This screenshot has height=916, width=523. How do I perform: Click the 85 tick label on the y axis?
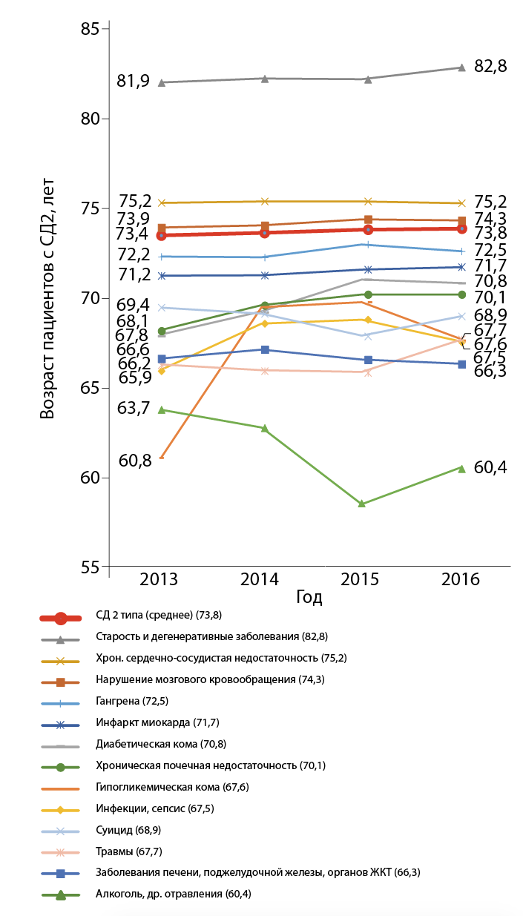(x=89, y=29)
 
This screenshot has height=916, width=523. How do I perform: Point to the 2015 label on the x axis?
(x=361, y=579)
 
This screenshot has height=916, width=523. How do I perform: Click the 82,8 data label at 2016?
(x=490, y=66)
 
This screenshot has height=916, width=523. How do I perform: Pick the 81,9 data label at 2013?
(x=134, y=81)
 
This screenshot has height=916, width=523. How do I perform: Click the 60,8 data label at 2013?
(x=135, y=461)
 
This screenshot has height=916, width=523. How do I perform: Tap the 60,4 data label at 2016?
(x=490, y=467)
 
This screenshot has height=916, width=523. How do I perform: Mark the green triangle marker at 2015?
(x=362, y=504)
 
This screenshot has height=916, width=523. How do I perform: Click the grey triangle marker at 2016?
(x=461, y=67)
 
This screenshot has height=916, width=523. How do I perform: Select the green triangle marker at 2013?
(x=162, y=409)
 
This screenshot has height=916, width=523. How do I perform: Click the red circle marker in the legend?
(x=62, y=616)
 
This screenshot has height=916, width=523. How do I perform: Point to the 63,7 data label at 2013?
(x=134, y=406)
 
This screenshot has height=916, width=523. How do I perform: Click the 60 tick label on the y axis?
(x=89, y=477)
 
